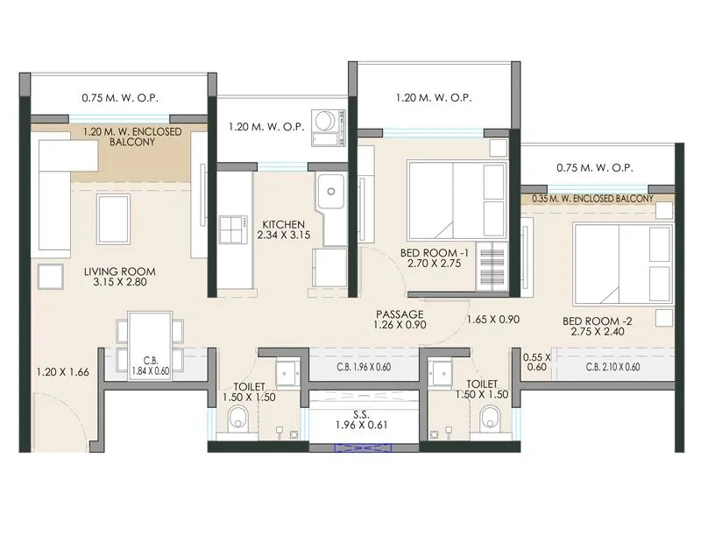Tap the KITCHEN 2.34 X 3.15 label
(280, 229)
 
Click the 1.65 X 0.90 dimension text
(492, 320)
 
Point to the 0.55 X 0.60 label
(536, 362)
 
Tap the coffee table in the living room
(114, 215)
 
